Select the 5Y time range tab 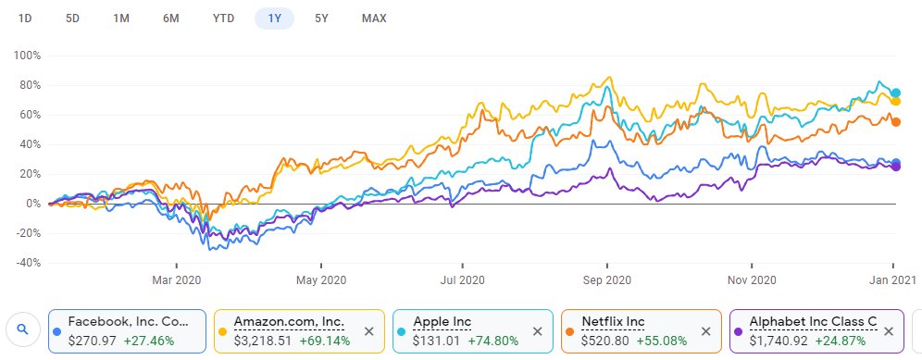(320, 19)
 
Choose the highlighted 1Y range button (274, 19)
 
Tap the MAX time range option (374, 19)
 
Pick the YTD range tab (223, 19)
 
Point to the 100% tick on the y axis (27, 56)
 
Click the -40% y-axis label (27, 263)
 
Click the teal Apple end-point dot (895, 93)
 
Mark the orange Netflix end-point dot (895, 122)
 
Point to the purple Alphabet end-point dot (895, 167)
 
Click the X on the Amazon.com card (368, 330)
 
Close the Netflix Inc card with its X (705, 330)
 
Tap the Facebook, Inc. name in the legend (128, 322)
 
